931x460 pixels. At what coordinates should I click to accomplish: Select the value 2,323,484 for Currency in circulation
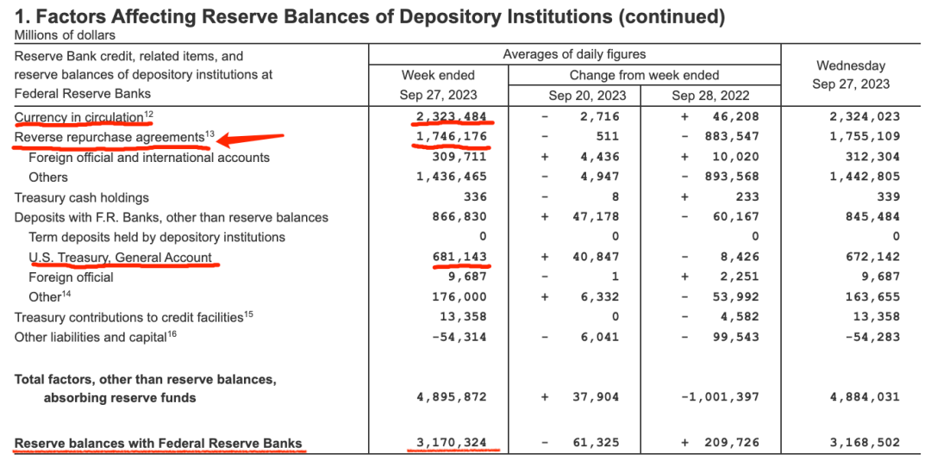pos(450,116)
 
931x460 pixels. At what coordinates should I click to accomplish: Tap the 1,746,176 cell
pos(450,136)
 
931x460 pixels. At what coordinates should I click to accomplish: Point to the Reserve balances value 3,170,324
pos(450,443)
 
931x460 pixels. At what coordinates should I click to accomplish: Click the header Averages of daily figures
pos(574,54)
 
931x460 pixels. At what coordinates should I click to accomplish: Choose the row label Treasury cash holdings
pos(82,197)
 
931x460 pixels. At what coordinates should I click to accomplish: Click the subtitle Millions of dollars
pos(65,35)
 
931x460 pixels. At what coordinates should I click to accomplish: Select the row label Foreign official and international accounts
pos(149,158)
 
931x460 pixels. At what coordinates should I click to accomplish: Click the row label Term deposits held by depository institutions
pos(157,237)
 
